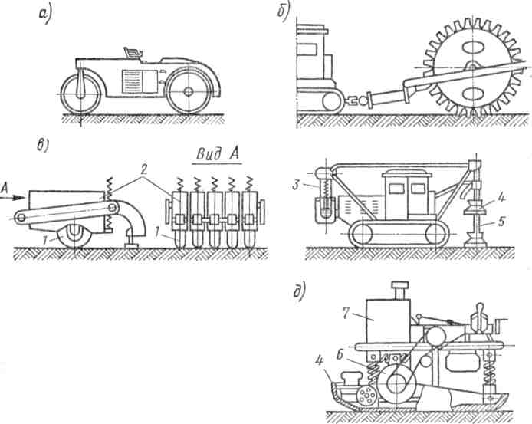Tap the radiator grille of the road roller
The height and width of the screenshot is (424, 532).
[132, 79]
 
